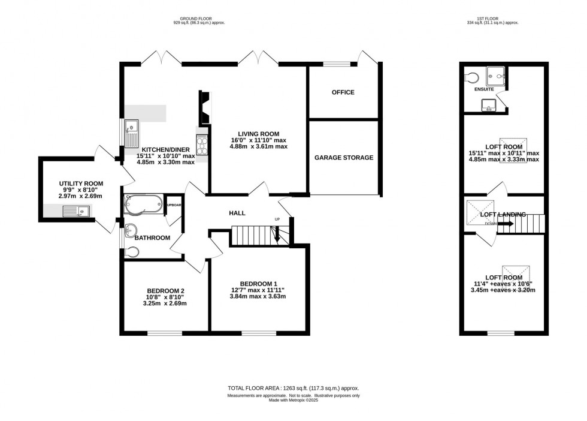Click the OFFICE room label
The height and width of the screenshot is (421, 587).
click(343, 92)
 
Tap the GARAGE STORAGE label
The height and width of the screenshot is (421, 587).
click(344, 158)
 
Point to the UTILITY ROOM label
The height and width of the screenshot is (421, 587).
click(81, 184)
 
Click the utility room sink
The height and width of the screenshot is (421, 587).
click(76, 210)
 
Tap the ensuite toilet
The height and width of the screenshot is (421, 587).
click(471, 77)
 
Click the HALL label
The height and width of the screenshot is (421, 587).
click(237, 213)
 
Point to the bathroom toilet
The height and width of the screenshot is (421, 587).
click(130, 252)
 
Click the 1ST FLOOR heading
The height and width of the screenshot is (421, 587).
click(492, 18)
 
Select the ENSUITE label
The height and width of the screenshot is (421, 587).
click(483, 89)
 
